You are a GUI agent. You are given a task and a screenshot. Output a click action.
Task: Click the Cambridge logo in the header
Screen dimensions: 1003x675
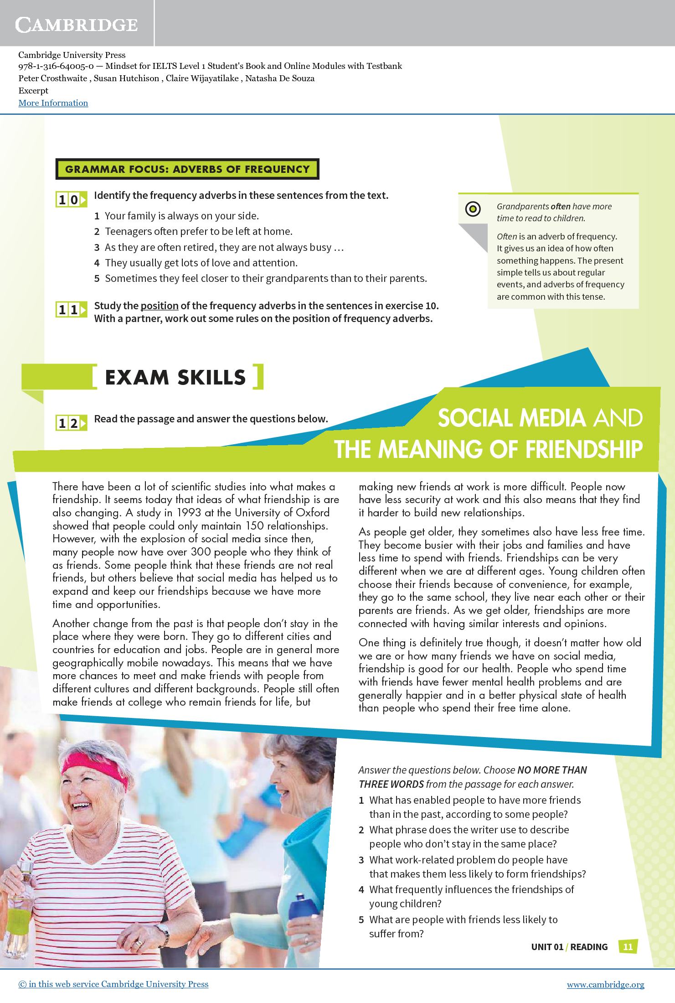pos(76,25)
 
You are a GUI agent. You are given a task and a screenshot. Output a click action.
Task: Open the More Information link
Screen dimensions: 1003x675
pos(53,103)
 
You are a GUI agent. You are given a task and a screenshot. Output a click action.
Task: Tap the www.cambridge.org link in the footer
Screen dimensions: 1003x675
pos(605,984)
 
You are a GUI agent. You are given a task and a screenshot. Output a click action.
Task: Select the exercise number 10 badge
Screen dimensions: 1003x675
pos(71,200)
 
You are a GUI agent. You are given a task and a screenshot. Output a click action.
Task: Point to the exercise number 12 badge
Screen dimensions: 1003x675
pos(71,423)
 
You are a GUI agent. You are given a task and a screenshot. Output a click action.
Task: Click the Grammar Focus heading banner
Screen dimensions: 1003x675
pos(187,169)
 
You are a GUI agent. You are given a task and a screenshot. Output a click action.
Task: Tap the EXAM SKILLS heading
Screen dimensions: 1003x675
pos(175,377)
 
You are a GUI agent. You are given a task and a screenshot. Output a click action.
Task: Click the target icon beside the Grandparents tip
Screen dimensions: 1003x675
pos(473,209)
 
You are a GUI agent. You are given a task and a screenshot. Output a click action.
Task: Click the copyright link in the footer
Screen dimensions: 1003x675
pos(113,984)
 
